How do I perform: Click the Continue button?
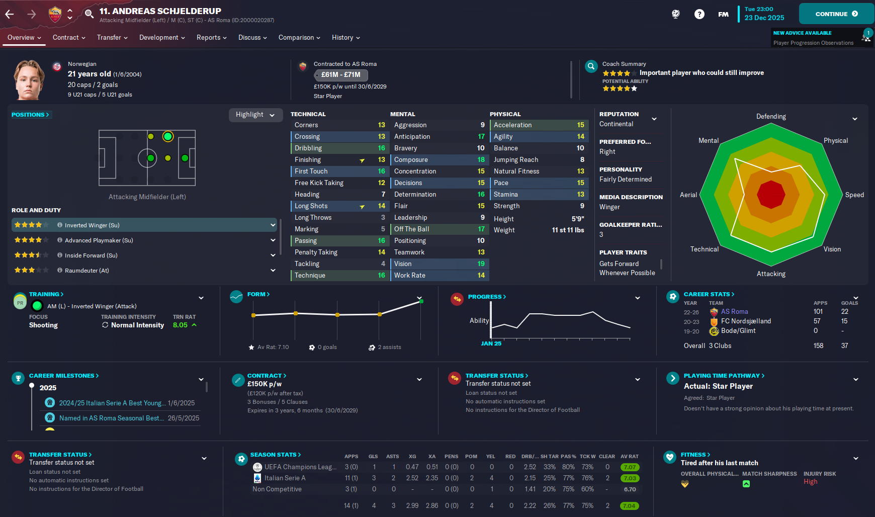(836, 14)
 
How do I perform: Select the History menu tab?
(345, 38)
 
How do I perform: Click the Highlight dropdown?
(255, 115)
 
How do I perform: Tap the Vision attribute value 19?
(481, 264)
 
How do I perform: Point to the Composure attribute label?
(411, 160)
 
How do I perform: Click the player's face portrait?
(29, 79)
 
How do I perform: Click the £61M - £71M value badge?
(341, 75)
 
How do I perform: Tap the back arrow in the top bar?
(10, 14)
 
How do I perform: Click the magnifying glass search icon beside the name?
(89, 14)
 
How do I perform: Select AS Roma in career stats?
(734, 312)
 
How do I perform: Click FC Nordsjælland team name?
(746, 321)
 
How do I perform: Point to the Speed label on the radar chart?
(854, 195)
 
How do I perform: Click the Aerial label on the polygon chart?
(688, 195)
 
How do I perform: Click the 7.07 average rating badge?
(630, 467)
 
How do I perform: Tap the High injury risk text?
(810, 482)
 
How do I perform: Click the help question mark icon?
(699, 14)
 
